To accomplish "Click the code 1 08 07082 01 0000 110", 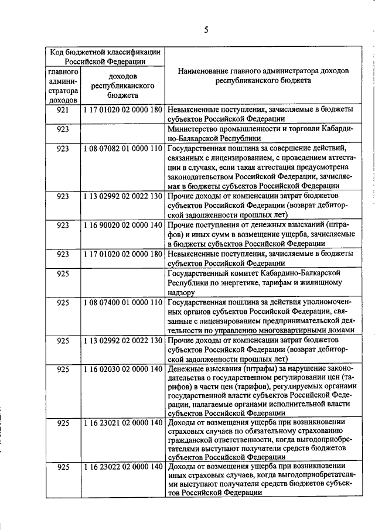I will click(122, 149).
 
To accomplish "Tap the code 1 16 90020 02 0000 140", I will click(122, 224).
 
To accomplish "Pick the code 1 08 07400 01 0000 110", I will click(122, 303).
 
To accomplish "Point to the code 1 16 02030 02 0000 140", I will click(122, 370).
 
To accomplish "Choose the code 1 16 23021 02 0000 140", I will click(122, 423).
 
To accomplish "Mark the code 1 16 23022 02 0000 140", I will click(122, 467).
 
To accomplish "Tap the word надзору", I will click(181, 291).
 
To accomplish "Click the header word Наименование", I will click(204, 70).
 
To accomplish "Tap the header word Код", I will click(58, 52).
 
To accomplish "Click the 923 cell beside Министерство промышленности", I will click(64, 129).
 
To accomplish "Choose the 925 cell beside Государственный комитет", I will click(64, 273).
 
